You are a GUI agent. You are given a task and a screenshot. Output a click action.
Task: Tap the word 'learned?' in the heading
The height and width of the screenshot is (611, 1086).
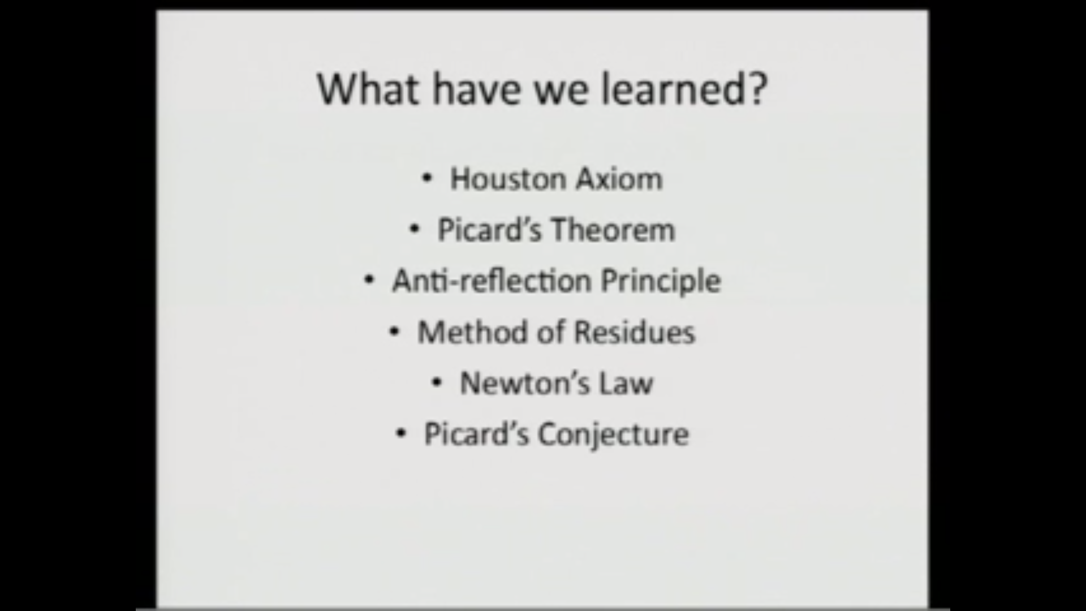click(x=684, y=89)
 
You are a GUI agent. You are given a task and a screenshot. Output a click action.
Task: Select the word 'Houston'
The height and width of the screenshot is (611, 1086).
click(x=508, y=179)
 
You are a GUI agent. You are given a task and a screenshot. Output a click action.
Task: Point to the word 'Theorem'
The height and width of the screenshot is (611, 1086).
click(x=613, y=230)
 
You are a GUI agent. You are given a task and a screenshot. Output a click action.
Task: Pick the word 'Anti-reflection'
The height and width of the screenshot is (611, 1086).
click(x=491, y=281)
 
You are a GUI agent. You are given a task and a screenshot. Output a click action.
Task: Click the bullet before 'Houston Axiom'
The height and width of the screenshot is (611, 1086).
click(x=427, y=179)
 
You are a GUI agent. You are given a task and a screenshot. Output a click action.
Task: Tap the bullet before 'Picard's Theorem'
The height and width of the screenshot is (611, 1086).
click(x=415, y=230)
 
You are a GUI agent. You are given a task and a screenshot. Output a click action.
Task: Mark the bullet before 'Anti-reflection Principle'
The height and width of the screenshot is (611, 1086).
click(x=369, y=280)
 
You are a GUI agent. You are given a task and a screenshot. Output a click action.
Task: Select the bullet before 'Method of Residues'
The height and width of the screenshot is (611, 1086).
click(x=395, y=332)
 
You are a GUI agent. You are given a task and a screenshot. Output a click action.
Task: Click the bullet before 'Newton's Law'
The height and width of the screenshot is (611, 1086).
click(x=437, y=383)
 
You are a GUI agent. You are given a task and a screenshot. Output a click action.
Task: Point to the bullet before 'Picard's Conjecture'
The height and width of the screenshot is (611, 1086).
click(x=401, y=434)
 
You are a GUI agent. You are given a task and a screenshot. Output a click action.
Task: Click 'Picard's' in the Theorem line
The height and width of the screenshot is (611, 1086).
click(x=489, y=230)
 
